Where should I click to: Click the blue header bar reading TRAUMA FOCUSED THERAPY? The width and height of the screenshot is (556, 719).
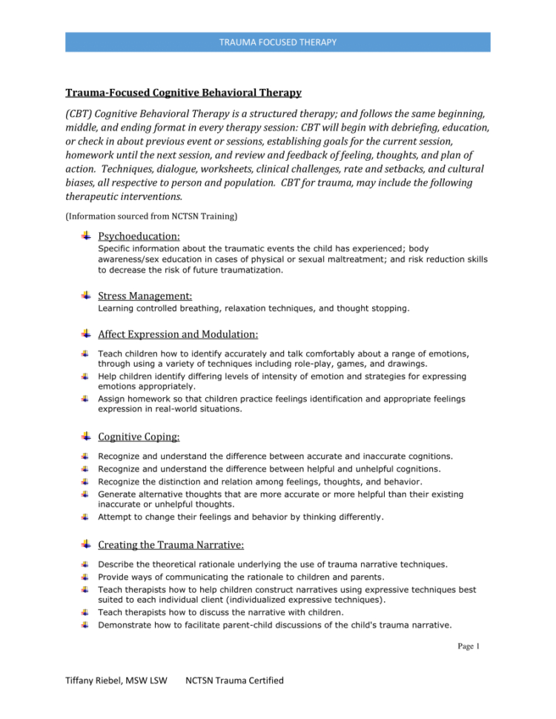point(277,42)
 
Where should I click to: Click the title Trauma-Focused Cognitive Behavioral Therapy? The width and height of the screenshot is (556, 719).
point(183,93)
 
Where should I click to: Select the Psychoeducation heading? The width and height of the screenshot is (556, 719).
point(139,236)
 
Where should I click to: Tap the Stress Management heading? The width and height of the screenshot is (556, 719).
point(145,296)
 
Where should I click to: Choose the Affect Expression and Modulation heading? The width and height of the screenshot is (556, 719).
point(178,334)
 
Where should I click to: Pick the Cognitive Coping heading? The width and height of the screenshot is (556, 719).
point(139,437)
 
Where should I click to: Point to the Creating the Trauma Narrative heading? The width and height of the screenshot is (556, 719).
point(171,545)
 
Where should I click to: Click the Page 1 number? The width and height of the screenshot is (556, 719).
point(469,646)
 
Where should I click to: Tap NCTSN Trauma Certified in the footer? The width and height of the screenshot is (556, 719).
point(234,680)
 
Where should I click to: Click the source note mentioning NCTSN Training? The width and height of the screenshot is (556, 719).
point(139,216)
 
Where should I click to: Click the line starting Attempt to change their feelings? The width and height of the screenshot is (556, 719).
point(241,517)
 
